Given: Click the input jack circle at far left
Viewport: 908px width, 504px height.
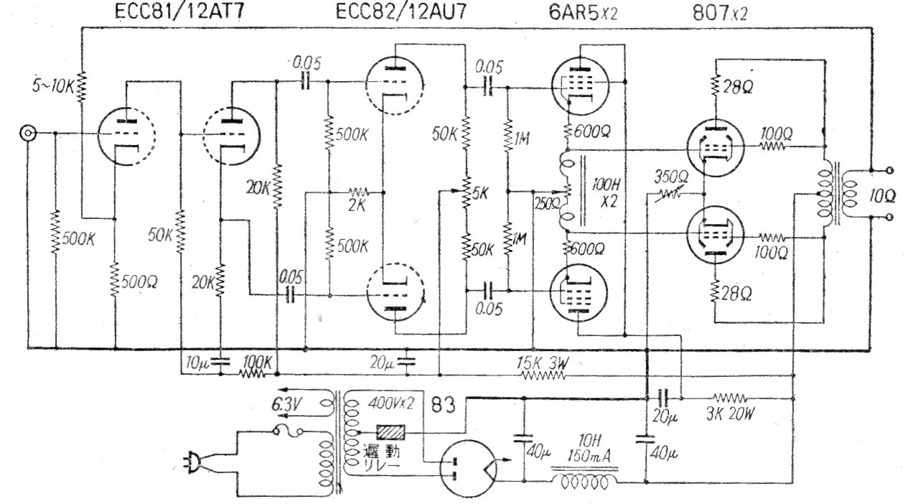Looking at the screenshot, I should click(29, 134).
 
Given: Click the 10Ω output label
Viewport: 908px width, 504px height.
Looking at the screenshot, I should click(879, 195).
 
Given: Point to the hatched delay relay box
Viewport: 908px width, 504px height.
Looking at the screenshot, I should click(392, 433).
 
